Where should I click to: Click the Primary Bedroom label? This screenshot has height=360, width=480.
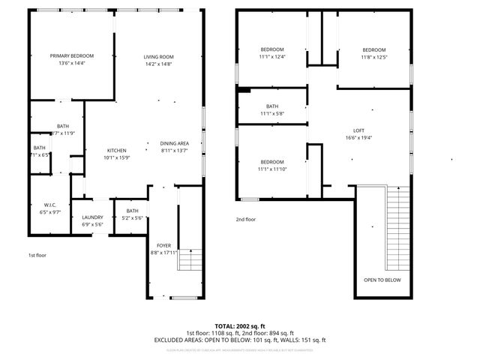coord(72,56)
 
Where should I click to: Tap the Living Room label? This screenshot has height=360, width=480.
coord(159,57)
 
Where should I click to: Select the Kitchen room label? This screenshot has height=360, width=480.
coord(115,150)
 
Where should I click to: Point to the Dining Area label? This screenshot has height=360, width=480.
coord(174,143)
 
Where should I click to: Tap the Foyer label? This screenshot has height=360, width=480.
coord(163,245)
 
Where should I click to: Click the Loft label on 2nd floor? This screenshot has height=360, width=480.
coord(358,130)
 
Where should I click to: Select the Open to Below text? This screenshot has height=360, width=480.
coord(382,280)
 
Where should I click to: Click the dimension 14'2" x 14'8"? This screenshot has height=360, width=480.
coord(159,64)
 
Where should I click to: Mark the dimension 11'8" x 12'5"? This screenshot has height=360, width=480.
coord(373,57)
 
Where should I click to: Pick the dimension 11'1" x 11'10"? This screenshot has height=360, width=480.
coord(272,169)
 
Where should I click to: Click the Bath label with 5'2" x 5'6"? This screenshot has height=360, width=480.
coord(132,211)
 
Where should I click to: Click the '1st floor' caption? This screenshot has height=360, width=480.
coord(37,255)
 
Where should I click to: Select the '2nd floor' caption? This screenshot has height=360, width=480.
coord(245,220)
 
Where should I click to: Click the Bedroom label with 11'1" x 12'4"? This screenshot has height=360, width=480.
coord(272,49)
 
